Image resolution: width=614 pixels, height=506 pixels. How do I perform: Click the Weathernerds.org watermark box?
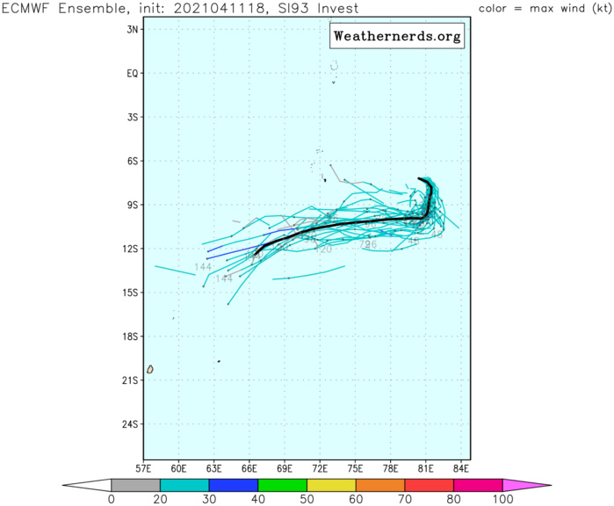pos(397,38)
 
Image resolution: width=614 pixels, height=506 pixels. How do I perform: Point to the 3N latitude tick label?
pos(134,29)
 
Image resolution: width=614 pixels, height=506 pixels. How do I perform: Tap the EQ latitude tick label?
pos(134,73)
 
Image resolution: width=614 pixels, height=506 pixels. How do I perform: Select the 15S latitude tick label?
pos(133,293)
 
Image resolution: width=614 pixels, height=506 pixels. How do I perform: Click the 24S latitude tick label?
pos(133,424)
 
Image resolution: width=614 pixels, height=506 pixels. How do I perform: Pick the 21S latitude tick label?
pos(133,380)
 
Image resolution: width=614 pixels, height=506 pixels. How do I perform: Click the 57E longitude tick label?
pos(144,468)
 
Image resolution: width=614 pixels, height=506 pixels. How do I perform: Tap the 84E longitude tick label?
pos(462,468)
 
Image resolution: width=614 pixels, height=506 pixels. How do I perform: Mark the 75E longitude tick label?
pos(356,468)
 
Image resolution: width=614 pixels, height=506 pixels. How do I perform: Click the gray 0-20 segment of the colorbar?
pos(135,485)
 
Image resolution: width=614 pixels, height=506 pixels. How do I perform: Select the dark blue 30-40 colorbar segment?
pos(234,485)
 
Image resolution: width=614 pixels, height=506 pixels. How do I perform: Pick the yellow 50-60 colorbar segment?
pos(331,485)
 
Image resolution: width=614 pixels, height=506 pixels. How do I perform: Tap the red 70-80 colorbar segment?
pos(429,485)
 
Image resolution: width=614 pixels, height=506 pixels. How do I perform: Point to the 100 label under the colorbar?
pos(502,500)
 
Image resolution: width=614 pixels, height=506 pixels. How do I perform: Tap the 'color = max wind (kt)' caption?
pos(541,8)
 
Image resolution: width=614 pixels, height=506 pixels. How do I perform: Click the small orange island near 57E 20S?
pos(150,369)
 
